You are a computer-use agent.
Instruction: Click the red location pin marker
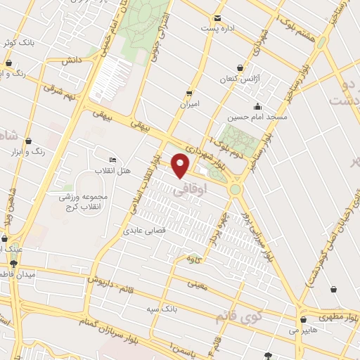[x=181, y=165]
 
